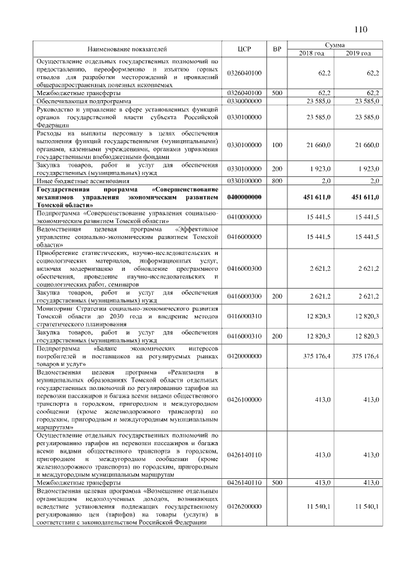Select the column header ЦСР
244,49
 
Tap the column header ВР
277,49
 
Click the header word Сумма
334,45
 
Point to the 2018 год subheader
311,53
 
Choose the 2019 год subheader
358,53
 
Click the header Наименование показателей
128,49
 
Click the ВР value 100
277,145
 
